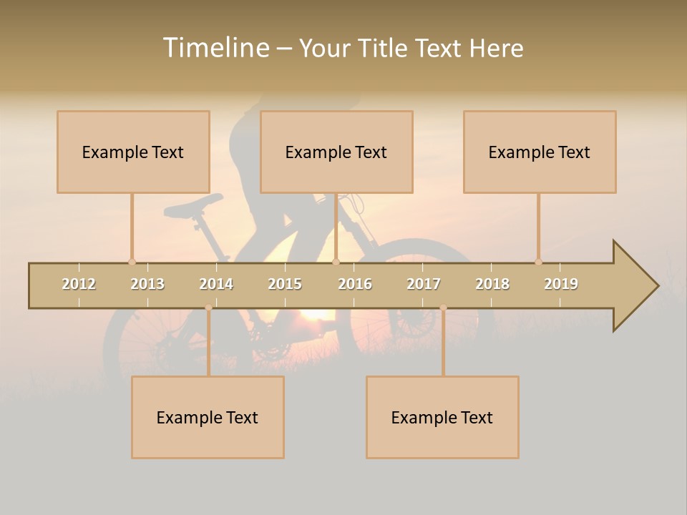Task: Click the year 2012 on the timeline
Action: point(79,284)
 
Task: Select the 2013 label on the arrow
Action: point(147,284)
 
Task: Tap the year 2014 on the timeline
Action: point(216,284)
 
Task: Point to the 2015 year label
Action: point(285,284)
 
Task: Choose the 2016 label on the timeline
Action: point(355,284)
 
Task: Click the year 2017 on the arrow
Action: point(424,284)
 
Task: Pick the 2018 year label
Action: point(492,284)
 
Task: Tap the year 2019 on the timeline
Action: point(561,284)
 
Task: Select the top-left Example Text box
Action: point(133,152)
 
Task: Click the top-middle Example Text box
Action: point(336,152)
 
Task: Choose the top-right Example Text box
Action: point(540,152)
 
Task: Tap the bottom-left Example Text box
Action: point(208,417)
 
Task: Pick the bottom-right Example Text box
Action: point(442,417)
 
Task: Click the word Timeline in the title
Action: point(215,48)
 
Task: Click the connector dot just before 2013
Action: point(132,262)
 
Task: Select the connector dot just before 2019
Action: point(538,262)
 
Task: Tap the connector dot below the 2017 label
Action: point(443,308)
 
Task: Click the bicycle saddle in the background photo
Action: point(192,207)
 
